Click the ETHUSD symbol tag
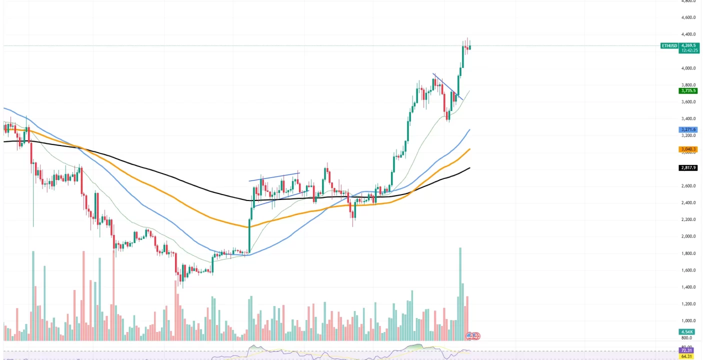(x=669, y=45)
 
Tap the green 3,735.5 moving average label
(x=688, y=91)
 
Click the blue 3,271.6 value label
(x=688, y=129)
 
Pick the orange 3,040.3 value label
(x=688, y=149)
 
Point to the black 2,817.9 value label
(x=688, y=168)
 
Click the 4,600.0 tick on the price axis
(x=688, y=17)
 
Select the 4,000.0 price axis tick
(x=688, y=68)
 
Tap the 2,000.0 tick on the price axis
(x=688, y=236)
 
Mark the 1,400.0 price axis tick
(x=688, y=287)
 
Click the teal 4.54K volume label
(x=686, y=332)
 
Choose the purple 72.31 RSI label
(x=687, y=351)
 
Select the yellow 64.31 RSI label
(x=687, y=356)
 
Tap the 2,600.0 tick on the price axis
(x=688, y=186)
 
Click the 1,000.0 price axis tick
(x=688, y=320)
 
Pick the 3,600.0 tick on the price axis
(x=688, y=102)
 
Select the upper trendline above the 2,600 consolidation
(x=274, y=176)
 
